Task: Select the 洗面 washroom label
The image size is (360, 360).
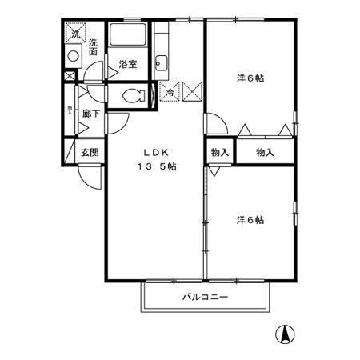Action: coord(94,46)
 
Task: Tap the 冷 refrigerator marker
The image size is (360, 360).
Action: coord(169,92)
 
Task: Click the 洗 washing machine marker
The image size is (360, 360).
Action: coord(74,34)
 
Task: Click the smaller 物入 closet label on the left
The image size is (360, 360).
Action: coord(219,152)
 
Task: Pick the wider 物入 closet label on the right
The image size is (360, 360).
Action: coord(265,152)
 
